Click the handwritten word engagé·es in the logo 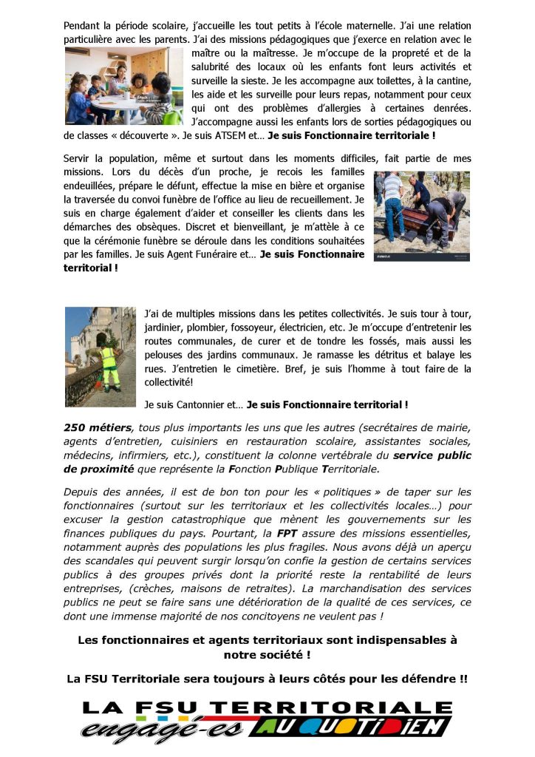163,728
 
